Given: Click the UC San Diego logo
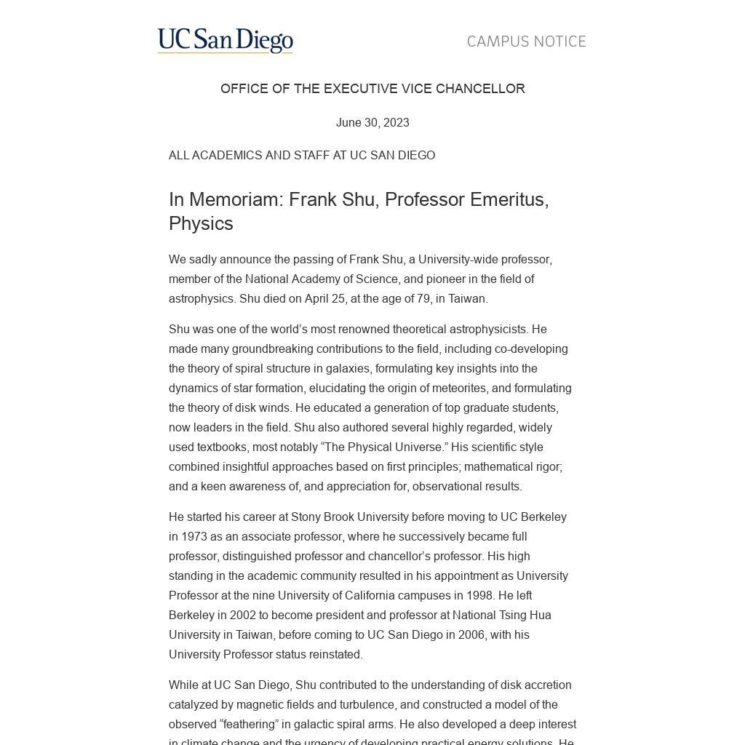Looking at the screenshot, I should [x=225, y=41].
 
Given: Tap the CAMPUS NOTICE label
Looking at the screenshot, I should [x=526, y=41].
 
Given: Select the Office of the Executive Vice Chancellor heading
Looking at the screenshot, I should [x=372, y=89].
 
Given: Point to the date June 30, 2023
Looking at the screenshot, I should [x=372, y=123].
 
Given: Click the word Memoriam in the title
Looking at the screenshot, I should [x=236, y=199].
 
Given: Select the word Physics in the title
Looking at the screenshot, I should [x=201, y=223].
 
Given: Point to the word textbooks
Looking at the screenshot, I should [x=222, y=447].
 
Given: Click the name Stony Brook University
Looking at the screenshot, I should [x=349, y=517].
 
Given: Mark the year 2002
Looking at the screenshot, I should [x=243, y=615].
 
